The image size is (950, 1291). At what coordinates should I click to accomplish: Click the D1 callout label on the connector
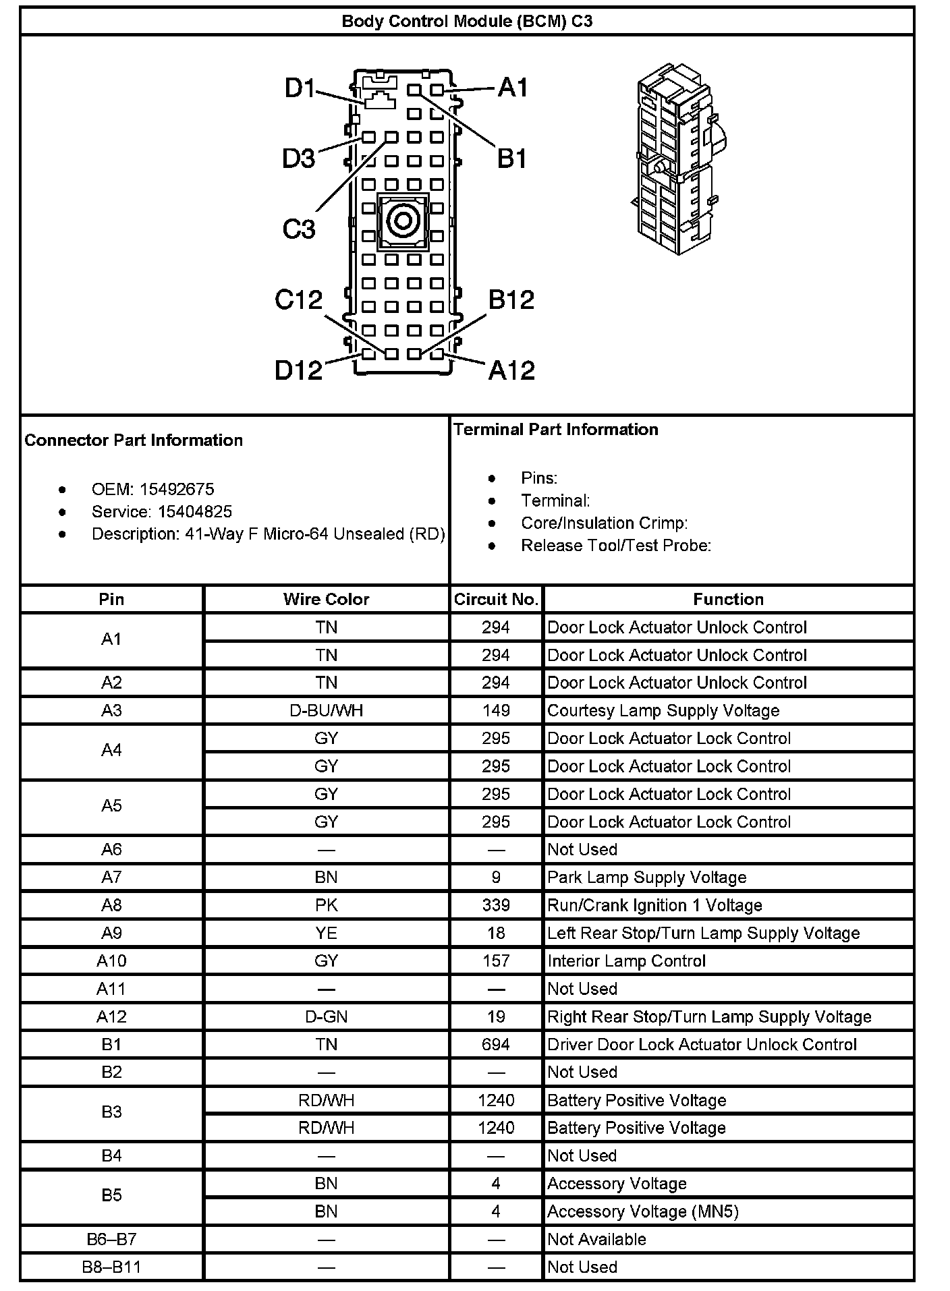coord(300,88)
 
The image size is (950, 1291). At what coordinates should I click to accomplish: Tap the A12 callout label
coord(511,370)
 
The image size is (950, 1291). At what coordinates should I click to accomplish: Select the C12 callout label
coord(298,299)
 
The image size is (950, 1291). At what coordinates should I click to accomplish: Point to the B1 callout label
coord(511,159)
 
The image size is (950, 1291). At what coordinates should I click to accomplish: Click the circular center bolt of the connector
coord(403,221)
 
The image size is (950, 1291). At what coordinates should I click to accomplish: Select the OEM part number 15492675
coord(177,489)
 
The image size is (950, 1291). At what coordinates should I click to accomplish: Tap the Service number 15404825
coord(195,511)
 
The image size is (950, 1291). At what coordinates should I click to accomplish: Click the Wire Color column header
coord(326,599)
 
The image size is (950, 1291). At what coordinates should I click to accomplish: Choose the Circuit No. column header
coord(496,599)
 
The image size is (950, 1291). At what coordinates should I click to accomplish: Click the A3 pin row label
coord(111,710)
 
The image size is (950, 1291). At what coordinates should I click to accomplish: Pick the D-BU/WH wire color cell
coord(326,710)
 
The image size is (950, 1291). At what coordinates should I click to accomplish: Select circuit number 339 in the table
coord(496,905)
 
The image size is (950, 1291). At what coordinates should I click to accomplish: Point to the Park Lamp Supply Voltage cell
coord(646,878)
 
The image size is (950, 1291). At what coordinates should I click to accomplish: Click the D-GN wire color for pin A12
coord(326,1016)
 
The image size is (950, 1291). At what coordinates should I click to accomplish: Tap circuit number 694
coord(496,1044)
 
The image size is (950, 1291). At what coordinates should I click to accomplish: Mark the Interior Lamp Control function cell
coord(626,961)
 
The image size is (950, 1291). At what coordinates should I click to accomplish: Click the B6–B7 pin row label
coord(111,1239)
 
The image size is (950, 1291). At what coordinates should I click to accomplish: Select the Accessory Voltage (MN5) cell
coord(642,1211)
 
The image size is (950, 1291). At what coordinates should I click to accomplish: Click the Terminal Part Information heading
coord(555,430)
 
